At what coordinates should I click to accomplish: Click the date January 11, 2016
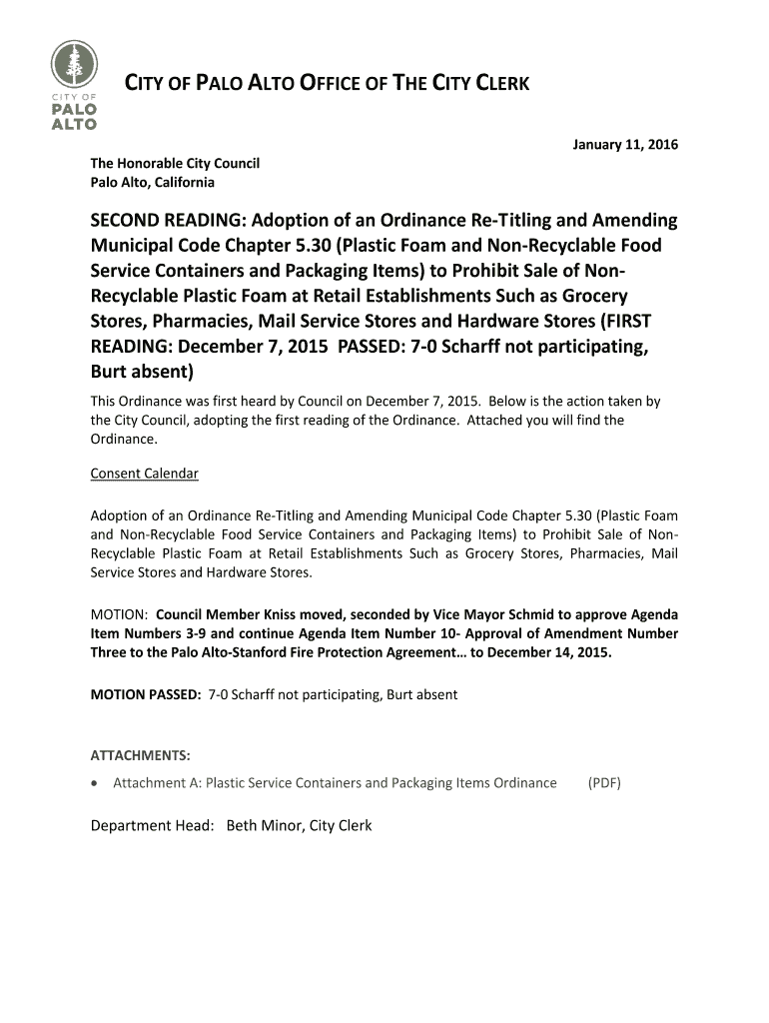point(624,145)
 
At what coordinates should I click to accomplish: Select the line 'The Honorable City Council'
point(175,163)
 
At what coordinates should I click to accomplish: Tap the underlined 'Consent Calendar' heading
point(144,474)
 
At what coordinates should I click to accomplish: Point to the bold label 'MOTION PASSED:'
point(146,694)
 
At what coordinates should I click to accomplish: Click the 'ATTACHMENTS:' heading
point(141,754)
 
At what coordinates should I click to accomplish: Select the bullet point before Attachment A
point(95,783)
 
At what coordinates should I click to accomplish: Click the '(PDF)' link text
point(604,783)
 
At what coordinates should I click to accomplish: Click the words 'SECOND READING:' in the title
point(168,220)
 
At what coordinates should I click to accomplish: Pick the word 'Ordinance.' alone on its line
point(124,439)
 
